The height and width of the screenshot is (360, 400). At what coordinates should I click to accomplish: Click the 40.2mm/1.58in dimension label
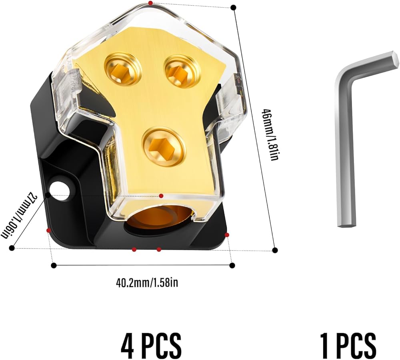[147, 282]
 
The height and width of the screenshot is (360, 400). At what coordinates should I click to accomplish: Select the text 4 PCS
[151, 346]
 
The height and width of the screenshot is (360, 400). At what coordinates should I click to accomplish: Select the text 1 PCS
[348, 346]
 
